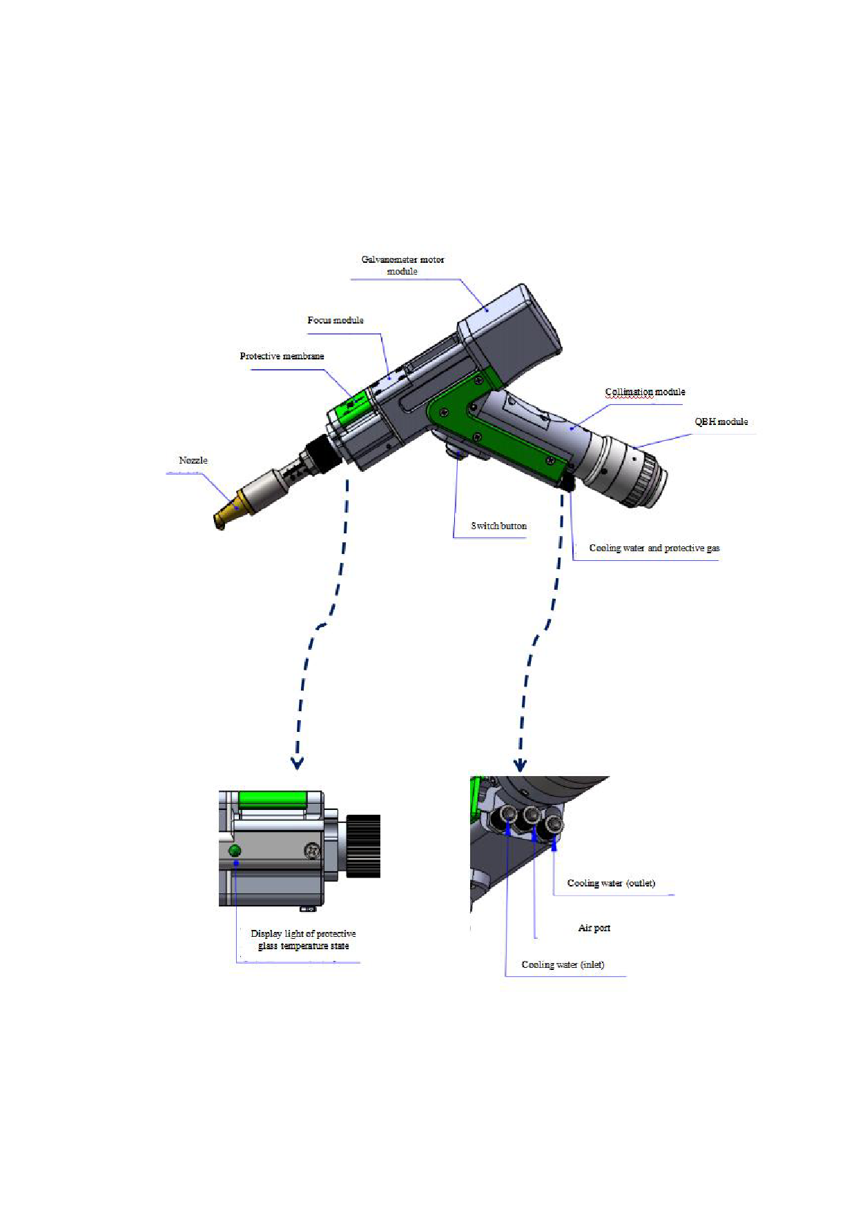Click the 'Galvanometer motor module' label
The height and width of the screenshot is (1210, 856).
(x=402, y=265)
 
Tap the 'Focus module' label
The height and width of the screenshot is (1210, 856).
(x=335, y=320)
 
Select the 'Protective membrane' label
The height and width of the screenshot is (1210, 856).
(x=282, y=356)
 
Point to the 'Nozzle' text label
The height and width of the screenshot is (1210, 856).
(x=193, y=460)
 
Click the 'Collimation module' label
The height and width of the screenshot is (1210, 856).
(x=645, y=392)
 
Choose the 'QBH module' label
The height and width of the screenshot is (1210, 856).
(x=721, y=421)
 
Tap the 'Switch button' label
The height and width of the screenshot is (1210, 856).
(x=499, y=526)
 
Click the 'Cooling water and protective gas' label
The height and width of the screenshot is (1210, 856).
(x=654, y=548)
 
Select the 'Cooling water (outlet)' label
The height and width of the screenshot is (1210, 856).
(x=611, y=883)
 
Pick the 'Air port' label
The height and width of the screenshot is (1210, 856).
(x=594, y=928)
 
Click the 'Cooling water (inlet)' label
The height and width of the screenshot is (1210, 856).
(x=563, y=964)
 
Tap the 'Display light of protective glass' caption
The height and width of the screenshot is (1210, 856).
(x=303, y=933)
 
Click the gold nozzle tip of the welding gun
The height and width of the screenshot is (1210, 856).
(x=228, y=513)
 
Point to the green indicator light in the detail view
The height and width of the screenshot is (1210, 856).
(x=235, y=851)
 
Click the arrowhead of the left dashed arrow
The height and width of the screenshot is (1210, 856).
(x=297, y=763)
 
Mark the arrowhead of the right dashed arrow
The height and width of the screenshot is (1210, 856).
(x=521, y=765)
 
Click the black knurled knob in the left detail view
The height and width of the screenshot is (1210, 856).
(x=363, y=846)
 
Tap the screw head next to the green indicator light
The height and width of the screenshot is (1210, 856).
(x=312, y=851)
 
